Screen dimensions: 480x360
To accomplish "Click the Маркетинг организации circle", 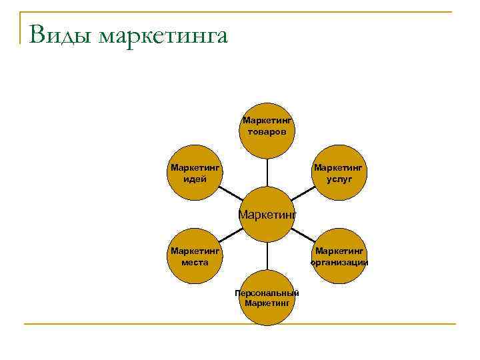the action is (339, 256).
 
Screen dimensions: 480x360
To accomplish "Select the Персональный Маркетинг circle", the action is (267, 297).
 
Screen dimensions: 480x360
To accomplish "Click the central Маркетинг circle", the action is (267, 215).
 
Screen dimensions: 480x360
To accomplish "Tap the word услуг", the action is (339, 179).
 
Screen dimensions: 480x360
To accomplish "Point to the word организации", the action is (339, 262).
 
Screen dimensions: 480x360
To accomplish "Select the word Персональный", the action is (267, 293).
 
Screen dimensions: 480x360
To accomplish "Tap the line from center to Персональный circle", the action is (267, 255).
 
